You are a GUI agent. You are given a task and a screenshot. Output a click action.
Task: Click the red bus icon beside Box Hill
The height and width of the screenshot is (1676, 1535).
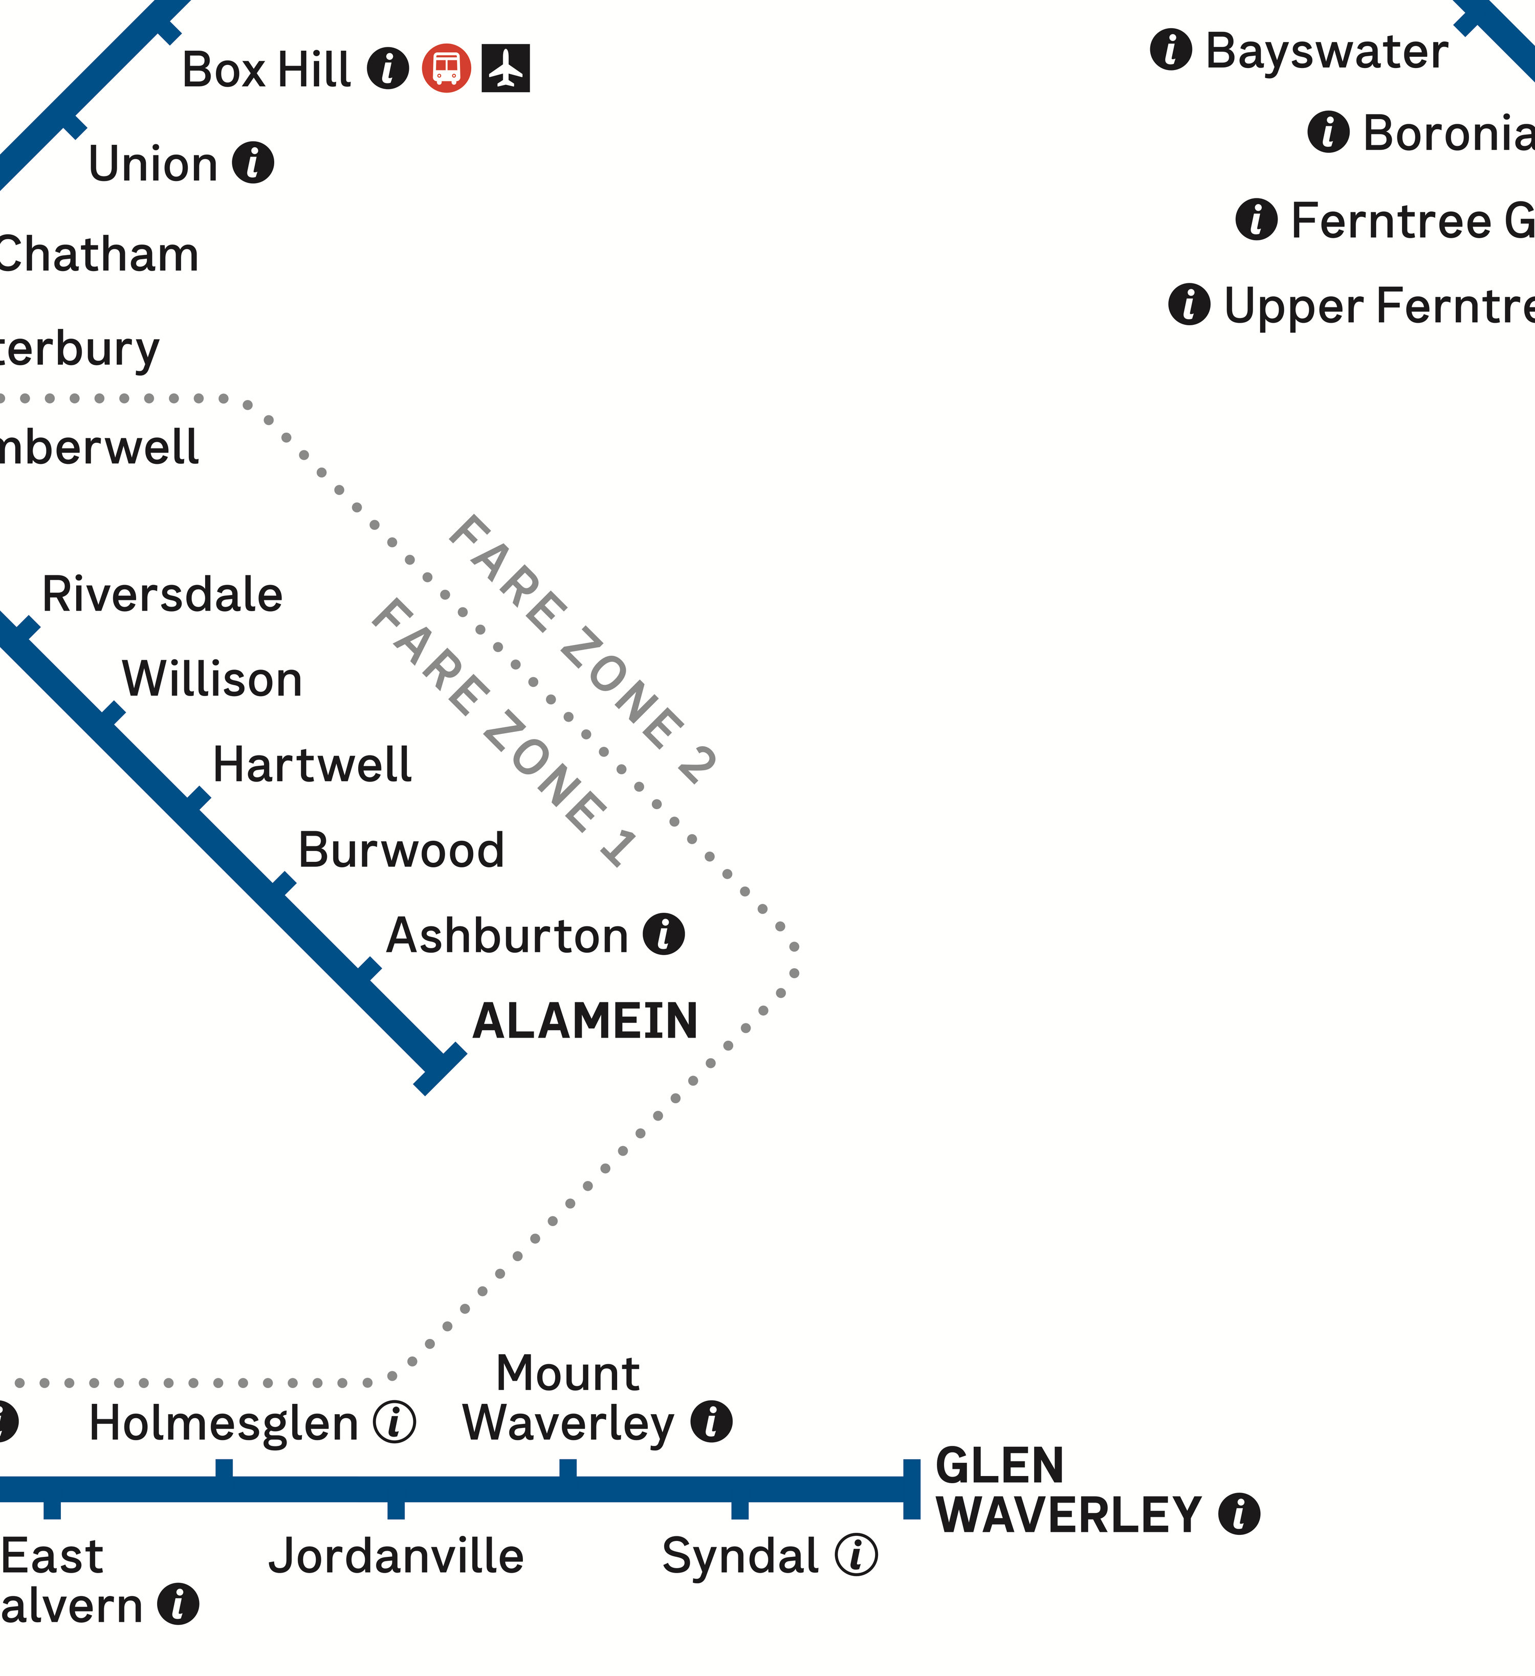click(x=447, y=68)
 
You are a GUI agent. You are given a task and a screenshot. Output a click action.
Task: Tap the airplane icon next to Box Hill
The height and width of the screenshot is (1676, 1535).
click(x=506, y=68)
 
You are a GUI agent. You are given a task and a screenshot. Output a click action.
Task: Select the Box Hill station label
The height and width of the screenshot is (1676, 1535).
click(x=266, y=70)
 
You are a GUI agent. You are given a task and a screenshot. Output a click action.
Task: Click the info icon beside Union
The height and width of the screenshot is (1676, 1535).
click(x=253, y=162)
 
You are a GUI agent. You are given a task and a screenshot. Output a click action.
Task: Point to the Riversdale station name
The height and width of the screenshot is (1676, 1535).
click(x=162, y=594)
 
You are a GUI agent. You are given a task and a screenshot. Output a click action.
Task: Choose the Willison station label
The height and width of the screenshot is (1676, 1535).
click(x=212, y=679)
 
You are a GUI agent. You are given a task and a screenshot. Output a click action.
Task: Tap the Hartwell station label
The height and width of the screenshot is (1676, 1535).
click(x=312, y=765)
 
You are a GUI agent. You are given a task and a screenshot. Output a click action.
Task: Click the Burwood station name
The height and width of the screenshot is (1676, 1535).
click(x=401, y=851)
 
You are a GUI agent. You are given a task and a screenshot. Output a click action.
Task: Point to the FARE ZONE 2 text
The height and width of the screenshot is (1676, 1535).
click(x=582, y=650)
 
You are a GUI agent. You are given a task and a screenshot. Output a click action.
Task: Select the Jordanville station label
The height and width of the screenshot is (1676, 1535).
click(x=396, y=1556)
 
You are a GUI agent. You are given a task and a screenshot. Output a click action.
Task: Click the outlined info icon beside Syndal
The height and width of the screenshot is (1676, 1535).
click(x=856, y=1555)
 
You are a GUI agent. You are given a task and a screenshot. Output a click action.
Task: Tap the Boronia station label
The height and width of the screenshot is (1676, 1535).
click(x=1448, y=133)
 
